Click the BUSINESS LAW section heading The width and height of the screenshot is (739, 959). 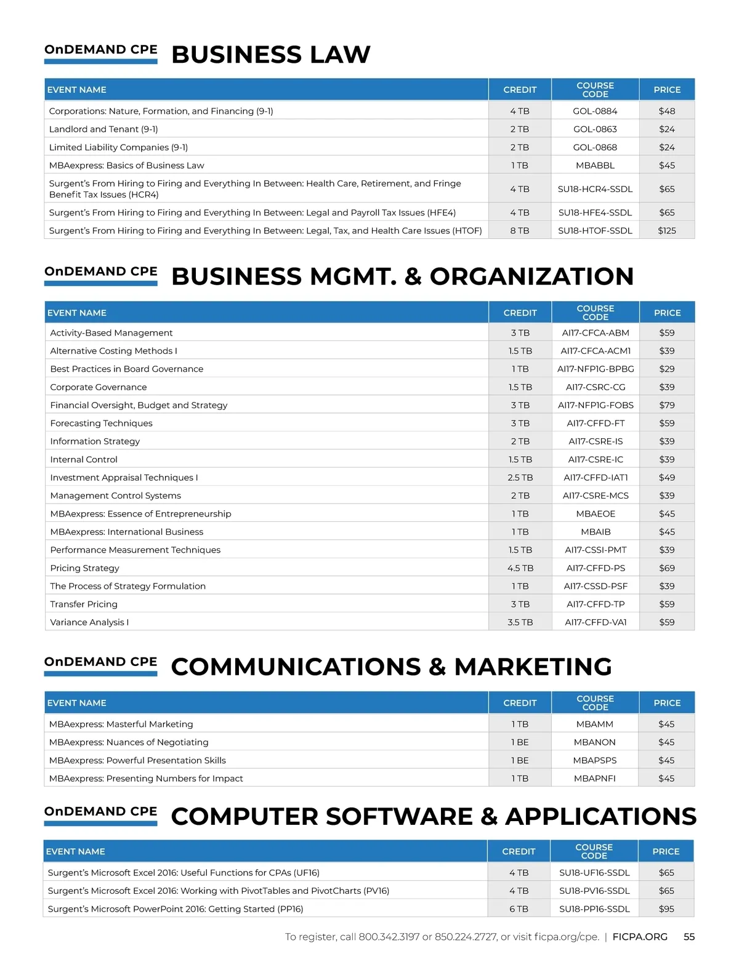270,55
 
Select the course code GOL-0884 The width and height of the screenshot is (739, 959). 595,111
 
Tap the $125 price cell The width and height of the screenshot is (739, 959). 666,231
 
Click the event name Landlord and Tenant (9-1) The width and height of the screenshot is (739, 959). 103,129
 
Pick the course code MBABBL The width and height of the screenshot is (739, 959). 595,166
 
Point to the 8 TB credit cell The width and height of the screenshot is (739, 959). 519,231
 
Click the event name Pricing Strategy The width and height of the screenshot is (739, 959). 84,568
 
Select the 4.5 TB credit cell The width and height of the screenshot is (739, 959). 520,568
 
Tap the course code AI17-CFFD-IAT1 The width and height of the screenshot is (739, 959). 596,478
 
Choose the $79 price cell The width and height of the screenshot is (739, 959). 666,405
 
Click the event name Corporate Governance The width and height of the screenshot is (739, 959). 99,387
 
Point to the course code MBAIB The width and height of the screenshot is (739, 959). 596,532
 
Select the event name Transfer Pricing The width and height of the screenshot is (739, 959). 84,604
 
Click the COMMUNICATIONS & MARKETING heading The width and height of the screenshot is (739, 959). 391,667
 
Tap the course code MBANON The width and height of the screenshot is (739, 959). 594,742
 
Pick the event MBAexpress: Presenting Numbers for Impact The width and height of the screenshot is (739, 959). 146,779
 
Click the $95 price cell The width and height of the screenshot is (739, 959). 666,909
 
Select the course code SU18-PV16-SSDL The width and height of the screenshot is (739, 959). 594,891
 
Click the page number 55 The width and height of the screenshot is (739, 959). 689,937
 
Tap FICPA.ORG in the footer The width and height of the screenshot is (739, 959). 640,937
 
